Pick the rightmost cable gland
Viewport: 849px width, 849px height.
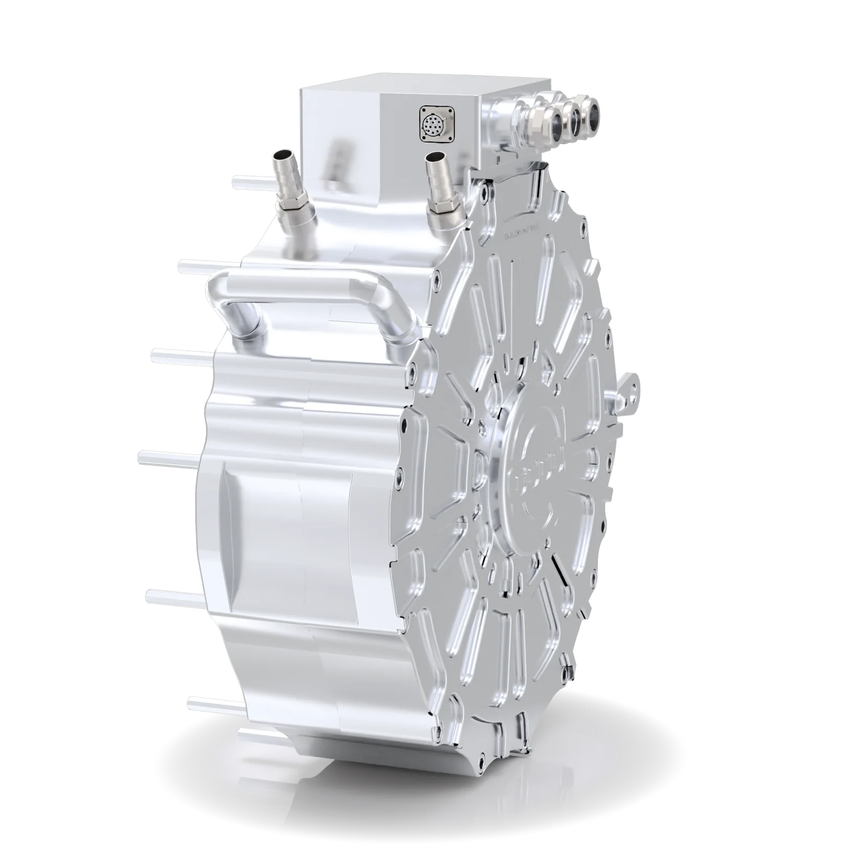[594, 112]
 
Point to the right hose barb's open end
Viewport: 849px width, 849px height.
[435, 157]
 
